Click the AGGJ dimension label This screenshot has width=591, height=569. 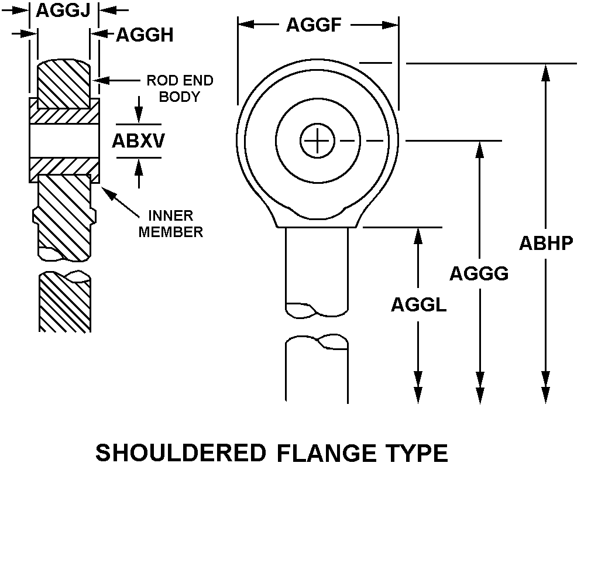pos(63,10)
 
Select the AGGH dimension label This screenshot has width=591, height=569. pos(145,35)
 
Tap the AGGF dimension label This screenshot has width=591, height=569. pos(313,25)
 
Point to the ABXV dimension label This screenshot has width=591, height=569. pos(139,142)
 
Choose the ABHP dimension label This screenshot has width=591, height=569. pos(546,243)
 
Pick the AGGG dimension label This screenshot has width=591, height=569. pos(479,273)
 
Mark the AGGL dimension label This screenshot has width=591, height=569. pos(418,304)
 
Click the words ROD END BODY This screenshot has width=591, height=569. pos(180,88)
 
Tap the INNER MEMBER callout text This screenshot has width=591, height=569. pos(170,224)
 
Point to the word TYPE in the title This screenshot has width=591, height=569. pos(417,454)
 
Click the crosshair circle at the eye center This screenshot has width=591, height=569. pos(317,140)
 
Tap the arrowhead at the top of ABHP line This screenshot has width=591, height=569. pos(546,70)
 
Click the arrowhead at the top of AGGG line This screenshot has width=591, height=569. pos(480,149)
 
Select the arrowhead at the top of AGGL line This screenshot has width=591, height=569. pos(418,235)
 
